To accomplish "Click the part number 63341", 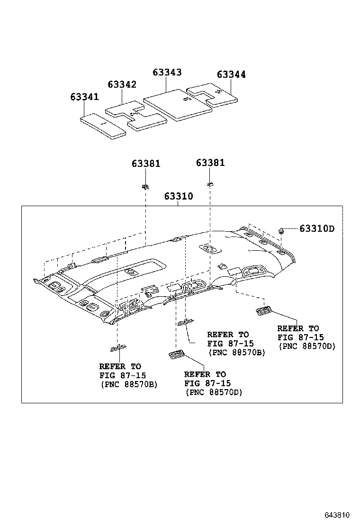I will tap(84, 97).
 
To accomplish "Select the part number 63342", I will tap(122, 84).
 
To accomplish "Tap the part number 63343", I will tap(167, 72).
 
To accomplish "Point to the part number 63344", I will tap(231, 74).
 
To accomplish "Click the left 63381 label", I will tap(146, 164).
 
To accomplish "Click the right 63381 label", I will tap(210, 163).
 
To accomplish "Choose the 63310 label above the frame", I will tap(179, 196).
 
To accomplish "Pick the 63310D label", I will tap(316, 229).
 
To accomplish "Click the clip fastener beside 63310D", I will tap(281, 230).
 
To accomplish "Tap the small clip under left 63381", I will tap(145, 186).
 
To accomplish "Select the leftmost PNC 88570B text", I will tap(128, 384).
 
